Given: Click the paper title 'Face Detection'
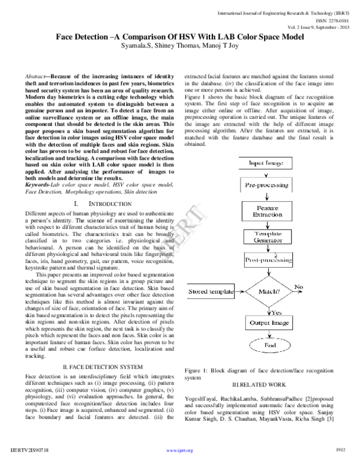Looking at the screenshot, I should [x=180, y=36].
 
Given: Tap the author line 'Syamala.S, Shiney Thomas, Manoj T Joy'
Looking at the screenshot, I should [x=180, y=46].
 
